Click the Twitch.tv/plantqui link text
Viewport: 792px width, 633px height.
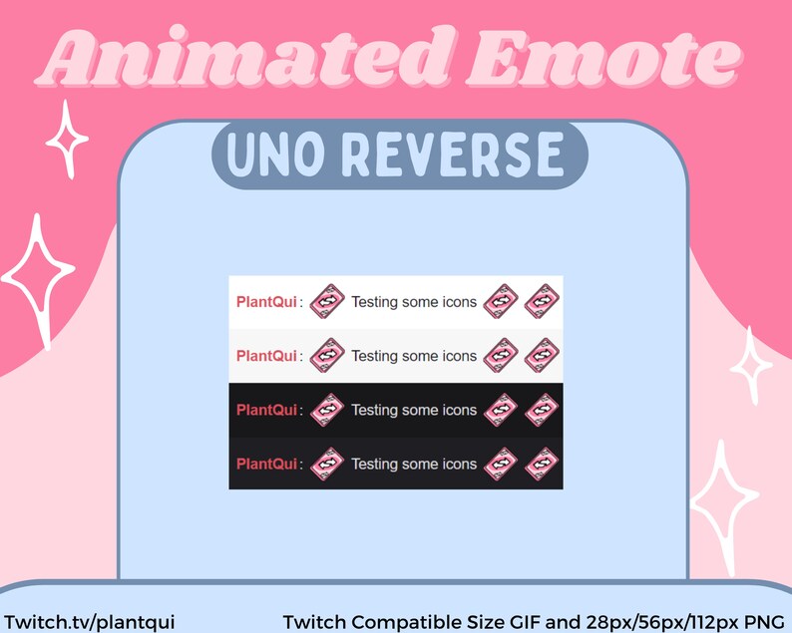coord(89,621)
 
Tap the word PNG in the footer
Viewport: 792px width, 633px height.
coord(764,621)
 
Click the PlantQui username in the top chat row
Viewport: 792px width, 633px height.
coord(266,301)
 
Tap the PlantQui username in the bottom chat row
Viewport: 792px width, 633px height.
coord(266,464)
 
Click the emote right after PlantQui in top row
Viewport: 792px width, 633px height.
coord(327,301)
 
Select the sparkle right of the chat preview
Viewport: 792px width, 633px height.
coord(750,366)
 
